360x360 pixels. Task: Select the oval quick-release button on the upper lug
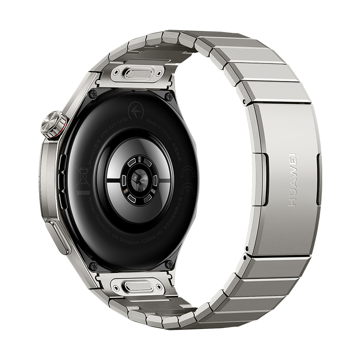pyautogui.click(x=139, y=72)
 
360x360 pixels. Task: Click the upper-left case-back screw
pyautogui.click(x=93, y=94)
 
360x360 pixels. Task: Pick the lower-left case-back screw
pyautogui.click(x=93, y=265)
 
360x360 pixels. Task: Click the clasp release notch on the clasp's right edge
pyautogui.click(x=319, y=179)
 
